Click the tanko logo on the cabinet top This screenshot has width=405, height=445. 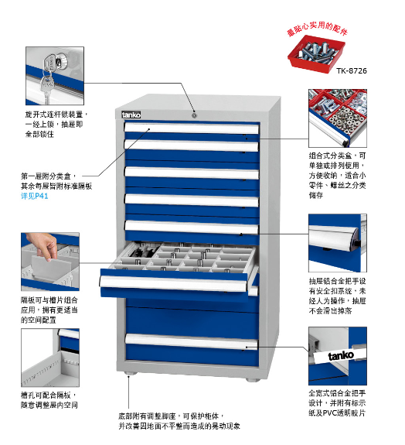[131, 115]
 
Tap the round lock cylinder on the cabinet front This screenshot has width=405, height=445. [194, 115]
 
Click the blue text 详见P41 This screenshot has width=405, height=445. [35, 196]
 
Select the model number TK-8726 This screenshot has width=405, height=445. [352, 70]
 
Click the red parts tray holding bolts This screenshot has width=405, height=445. [316, 54]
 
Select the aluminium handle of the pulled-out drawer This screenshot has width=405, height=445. [173, 283]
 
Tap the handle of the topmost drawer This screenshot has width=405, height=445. [192, 128]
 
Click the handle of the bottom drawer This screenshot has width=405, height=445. [192, 341]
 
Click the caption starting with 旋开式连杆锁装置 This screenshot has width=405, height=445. [56, 124]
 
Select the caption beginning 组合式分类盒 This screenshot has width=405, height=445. [337, 175]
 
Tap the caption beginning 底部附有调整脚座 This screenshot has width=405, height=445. [179, 421]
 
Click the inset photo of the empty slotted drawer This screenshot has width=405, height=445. [50, 358]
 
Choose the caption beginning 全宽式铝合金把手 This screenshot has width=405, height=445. [337, 402]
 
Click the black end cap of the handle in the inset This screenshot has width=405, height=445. [355, 241]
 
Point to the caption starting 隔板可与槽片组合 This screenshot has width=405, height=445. [49, 310]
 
